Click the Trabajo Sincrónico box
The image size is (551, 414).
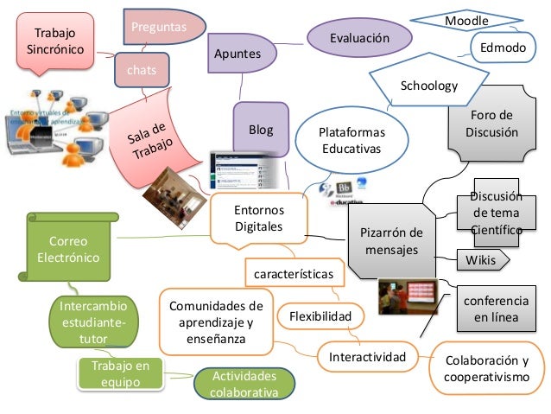coord(54,41)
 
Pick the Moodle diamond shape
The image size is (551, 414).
coord(466,19)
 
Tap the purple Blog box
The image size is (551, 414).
coord(261,131)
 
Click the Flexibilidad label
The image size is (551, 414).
coord(320,317)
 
